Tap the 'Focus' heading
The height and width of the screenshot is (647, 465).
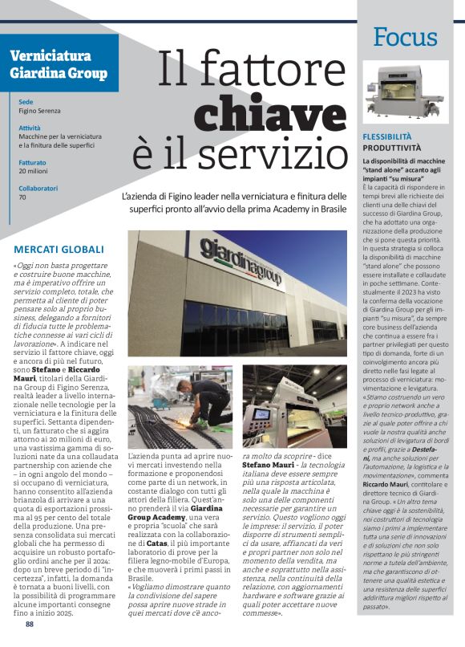tap(405, 37)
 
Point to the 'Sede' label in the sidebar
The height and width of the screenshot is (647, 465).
tap(26, 103)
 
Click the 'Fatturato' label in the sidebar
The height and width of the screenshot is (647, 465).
tap(32, 162)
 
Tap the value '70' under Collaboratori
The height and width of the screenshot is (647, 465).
tap(22, 197)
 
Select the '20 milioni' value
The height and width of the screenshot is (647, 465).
tap(34, 171)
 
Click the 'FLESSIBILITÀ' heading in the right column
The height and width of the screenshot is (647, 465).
tap(386, 137)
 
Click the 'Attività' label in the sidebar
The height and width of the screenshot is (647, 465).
tap(30, 128)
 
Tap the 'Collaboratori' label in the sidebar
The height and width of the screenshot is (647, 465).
tap(39, 188)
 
